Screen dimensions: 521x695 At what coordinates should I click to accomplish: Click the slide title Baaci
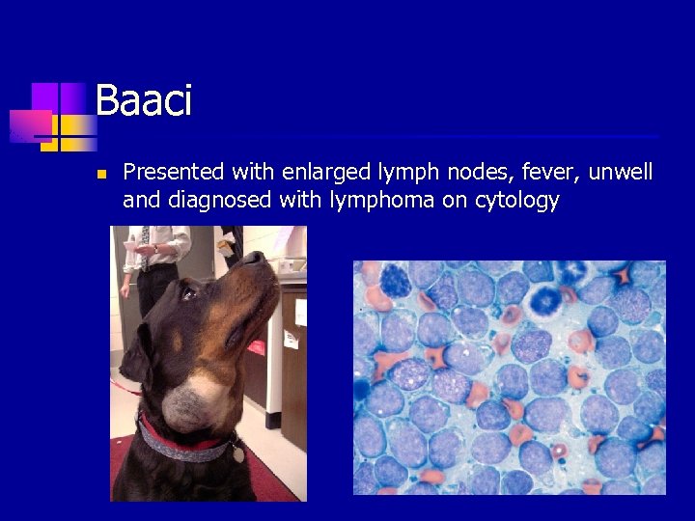coord(144,101)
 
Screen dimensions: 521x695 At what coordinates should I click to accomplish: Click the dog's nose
coord(253,258)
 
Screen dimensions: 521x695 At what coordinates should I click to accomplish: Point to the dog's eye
coord(189,292)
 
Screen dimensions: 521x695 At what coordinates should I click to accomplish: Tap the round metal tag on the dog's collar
coord(238,451)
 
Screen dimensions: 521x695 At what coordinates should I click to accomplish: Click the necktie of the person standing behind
coord(144,245)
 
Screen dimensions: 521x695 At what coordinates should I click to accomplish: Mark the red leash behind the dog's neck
coord(123,386)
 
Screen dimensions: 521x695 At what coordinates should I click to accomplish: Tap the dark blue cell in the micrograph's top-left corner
coord(395,279)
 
